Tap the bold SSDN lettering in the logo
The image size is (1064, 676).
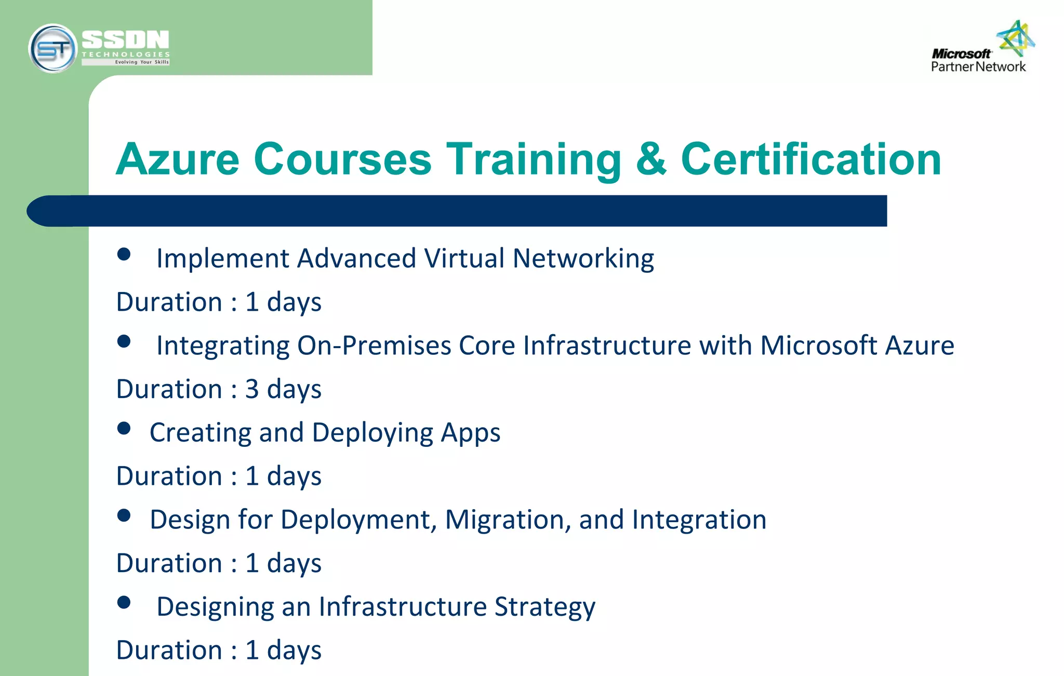click(125, 40)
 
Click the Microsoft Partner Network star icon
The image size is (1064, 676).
click(1016, 38)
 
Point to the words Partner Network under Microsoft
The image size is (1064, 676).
click(978, 67)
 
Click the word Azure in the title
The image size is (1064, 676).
click(178, 159)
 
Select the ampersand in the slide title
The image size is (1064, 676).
click(650, 159)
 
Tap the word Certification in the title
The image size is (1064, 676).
click(811, 159)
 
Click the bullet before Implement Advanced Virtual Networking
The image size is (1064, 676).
click(124, 254)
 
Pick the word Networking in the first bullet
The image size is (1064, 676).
click(583, 258)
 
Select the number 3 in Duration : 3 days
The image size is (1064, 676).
click(252, 389)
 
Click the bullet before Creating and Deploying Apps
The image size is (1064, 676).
click(124, 428)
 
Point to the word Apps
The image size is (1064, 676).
click(470, 433)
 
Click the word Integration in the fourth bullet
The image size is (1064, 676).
click(699, 520)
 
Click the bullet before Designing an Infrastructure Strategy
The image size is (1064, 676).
click(124, 602)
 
